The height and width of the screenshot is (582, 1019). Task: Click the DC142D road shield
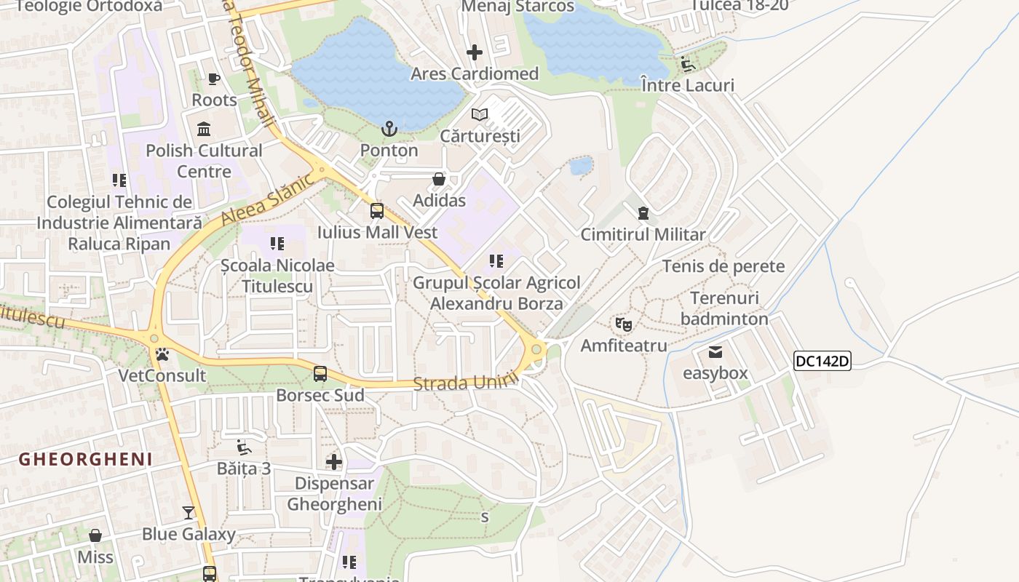coord(822,361)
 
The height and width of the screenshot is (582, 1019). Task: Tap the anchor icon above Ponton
coord(390,129)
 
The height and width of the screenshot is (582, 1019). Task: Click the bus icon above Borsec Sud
coord(320,375)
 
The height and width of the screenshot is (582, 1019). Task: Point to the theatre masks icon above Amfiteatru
coord(623,324)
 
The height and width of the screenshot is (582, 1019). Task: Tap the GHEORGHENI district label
coord(86,459)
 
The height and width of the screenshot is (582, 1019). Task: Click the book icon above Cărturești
coord(480,114)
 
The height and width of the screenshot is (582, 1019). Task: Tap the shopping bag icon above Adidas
coord(439,179)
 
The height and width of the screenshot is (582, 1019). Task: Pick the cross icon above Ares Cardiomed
coord(475,52)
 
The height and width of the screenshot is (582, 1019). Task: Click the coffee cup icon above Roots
coord(214,79)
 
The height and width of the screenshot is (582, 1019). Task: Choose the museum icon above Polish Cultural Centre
coord(204,129)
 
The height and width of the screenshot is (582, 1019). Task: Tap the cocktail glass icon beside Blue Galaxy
coord(189,513)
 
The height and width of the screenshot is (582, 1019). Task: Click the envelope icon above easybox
coord(715,352)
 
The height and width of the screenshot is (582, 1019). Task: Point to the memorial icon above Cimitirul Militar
coord(643,213)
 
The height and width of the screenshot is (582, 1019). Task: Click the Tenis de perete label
coord(723,266)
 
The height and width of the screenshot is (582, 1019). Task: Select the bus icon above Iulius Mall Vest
coord(377,211)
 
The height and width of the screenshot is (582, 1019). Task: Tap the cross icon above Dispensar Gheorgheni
coord(334,462)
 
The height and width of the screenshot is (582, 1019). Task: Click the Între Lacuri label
coord(688,85)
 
